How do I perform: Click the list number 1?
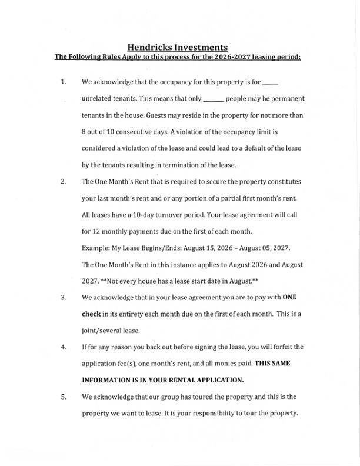point(63,82)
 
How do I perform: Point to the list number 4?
point(63,347)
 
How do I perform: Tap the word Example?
point(96,247)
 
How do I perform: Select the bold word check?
point(91,313)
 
